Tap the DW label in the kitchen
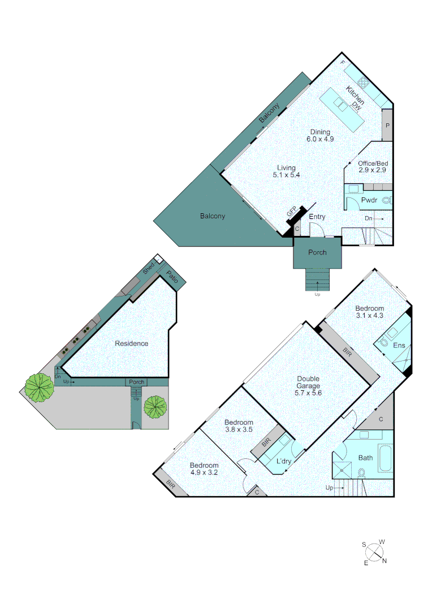tap(357, 105)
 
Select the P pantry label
tap(387, 126)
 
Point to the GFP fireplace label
tap(292, 212)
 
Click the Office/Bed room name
tap(373, 163)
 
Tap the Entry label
tap(317, 217)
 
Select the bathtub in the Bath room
tap(384, 459)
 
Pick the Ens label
tap(399, 346)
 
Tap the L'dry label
tap(284, 461)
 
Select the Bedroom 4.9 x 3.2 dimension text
tap(204, 472)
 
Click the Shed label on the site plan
tap(149, 269)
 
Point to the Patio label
tap(172, 279)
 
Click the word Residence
tap(131, 343)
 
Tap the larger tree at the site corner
tap(39, 388)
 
